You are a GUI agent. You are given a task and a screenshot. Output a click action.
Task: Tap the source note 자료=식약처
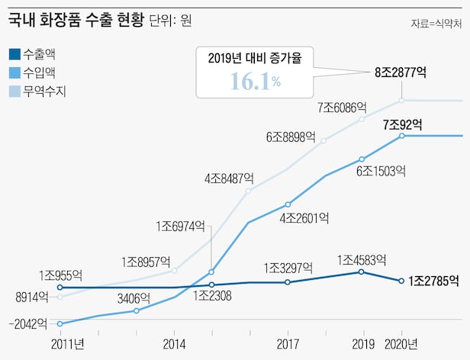click(436, 24)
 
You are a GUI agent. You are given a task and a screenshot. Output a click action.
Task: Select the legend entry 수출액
click(39, 54)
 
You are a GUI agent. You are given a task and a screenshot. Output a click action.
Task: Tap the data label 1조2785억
click(433, 281)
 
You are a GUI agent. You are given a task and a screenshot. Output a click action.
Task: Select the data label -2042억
click(30, 324)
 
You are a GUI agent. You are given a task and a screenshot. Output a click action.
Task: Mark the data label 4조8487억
click(228, 178)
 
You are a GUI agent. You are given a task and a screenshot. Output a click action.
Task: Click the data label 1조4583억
click(362, 259)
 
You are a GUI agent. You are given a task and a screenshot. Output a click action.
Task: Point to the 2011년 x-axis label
click(67, 342)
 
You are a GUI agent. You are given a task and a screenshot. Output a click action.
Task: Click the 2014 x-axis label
click(175, 342)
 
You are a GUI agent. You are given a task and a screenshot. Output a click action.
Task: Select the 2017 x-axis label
click(288, 342)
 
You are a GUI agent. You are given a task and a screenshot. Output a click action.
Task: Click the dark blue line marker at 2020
click(401, 281)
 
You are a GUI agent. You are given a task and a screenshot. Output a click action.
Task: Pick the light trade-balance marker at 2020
click(401, 100)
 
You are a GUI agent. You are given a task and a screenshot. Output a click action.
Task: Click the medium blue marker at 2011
click(60, 323)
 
